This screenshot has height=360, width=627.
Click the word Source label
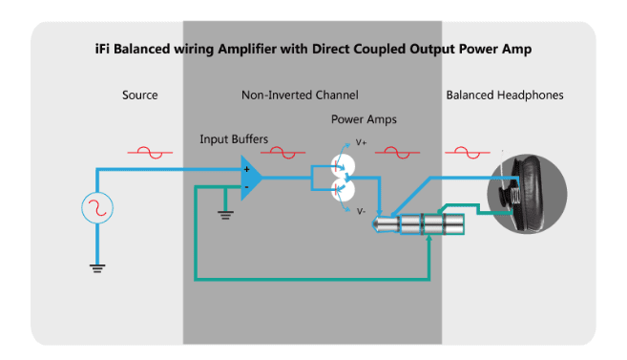point(140,95)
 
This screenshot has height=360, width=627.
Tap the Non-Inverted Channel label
point(300,95)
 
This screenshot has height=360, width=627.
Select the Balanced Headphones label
point(505,95)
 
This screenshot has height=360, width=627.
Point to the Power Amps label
point(364,119)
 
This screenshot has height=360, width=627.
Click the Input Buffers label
point(234,139)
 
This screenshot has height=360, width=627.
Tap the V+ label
point(361,142)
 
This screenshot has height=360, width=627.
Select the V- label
point(361,211)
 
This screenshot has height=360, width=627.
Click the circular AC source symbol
point(97,207)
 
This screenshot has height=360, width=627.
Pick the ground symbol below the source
point(97,268)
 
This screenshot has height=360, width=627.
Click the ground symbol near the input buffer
point(225,215)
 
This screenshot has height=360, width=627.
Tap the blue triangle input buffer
point(251,178)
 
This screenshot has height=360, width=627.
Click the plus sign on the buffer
point(247,170)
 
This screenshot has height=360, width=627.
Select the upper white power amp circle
point(344,165)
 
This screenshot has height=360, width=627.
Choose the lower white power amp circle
point(344,190)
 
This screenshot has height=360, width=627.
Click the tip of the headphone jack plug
point(374,224)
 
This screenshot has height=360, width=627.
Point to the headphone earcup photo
point(527,194)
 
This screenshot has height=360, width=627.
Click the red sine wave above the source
point(150,153)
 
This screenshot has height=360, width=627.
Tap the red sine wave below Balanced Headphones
point(468,153)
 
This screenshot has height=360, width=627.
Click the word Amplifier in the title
point(247,50)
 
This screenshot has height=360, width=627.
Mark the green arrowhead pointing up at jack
point(429,239)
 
